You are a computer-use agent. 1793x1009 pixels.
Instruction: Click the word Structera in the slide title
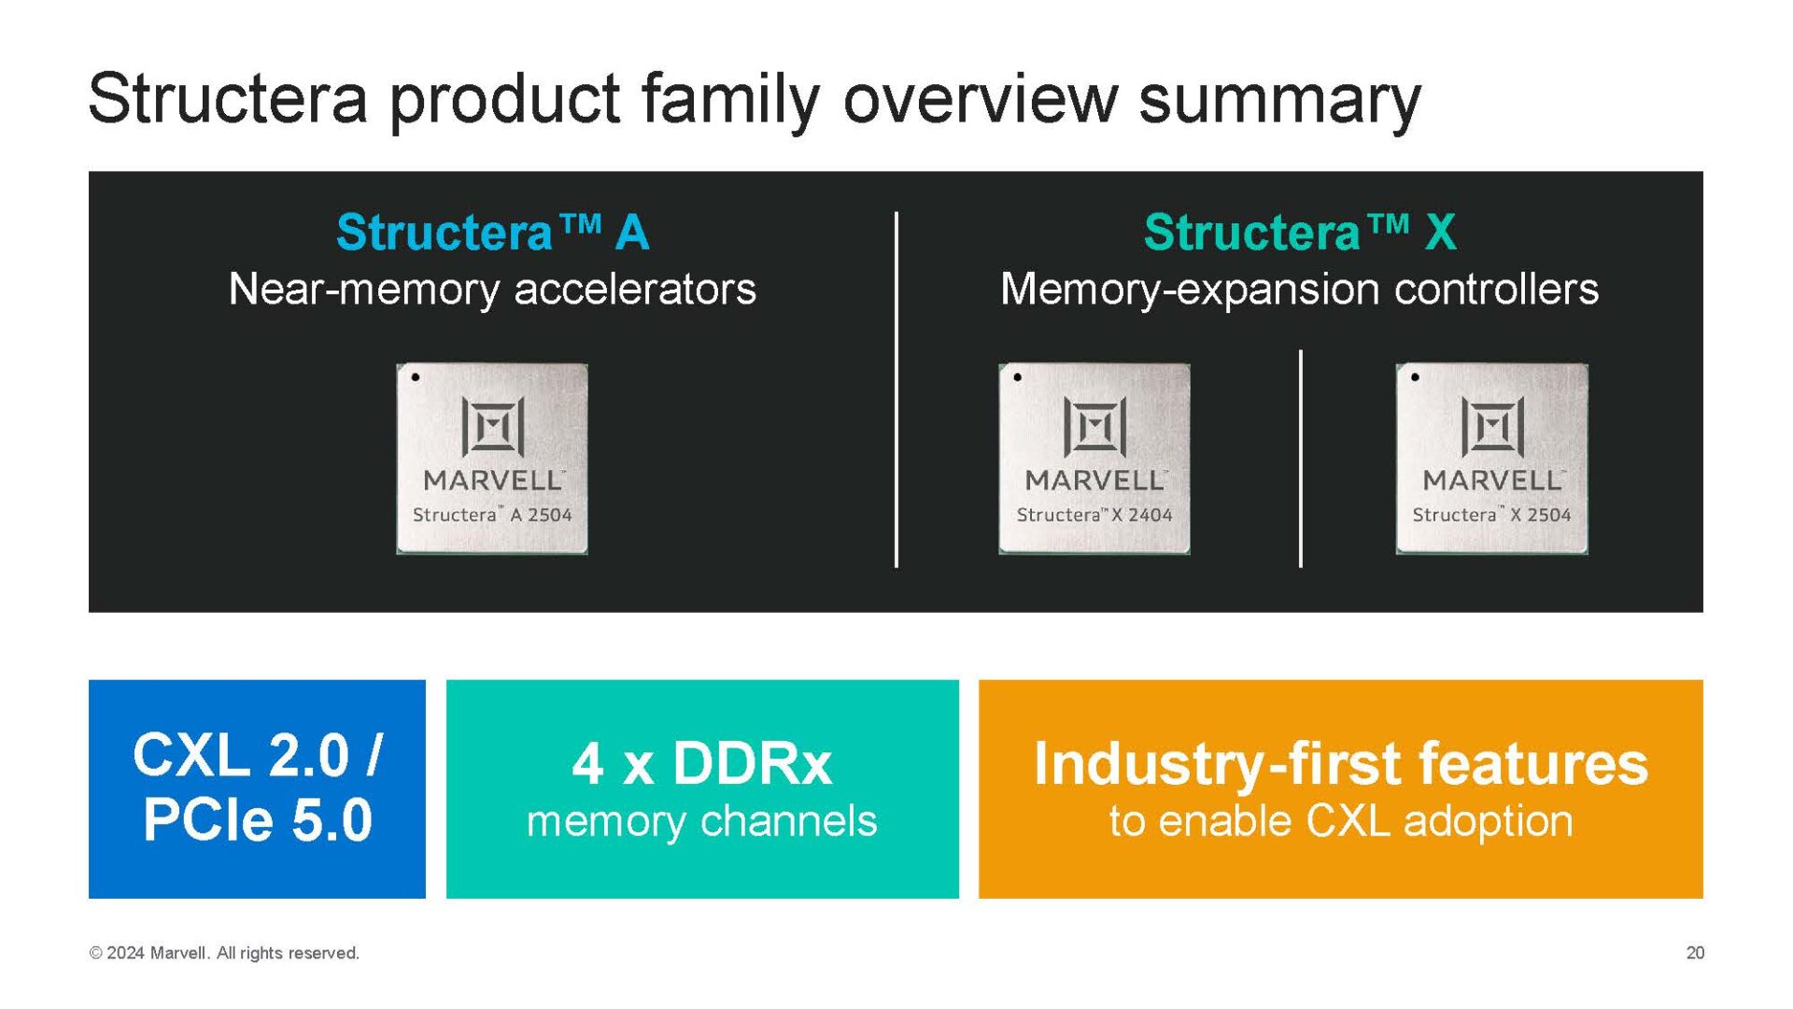[228, 98]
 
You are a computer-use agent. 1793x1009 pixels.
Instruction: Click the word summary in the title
[1279, 98]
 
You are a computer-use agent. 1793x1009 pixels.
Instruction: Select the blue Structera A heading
[492, 232]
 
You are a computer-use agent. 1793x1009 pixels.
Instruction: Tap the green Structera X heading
[1299, 232]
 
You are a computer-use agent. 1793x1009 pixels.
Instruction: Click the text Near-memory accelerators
[492, 289]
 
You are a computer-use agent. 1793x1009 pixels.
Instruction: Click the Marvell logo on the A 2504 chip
[492, 427]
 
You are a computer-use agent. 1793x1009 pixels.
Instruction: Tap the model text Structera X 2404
[1094, 515]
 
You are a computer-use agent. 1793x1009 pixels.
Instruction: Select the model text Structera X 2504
[1491, 515]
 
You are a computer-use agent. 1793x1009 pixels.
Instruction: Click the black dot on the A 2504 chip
[416, 377]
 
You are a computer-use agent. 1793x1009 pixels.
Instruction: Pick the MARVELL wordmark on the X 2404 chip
[1094, 480]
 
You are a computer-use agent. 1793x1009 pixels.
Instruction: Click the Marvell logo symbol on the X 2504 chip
[1492, 427]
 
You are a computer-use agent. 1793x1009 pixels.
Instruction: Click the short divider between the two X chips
[1300, 458]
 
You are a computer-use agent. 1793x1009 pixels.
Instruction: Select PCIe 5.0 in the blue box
[258, 819]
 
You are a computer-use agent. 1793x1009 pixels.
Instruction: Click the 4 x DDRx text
[701, 763]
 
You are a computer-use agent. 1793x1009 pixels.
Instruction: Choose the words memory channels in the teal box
[701, 821]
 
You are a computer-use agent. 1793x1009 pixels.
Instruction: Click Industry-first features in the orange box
[1340, 763]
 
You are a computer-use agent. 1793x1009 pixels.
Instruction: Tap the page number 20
[1694, 953]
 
